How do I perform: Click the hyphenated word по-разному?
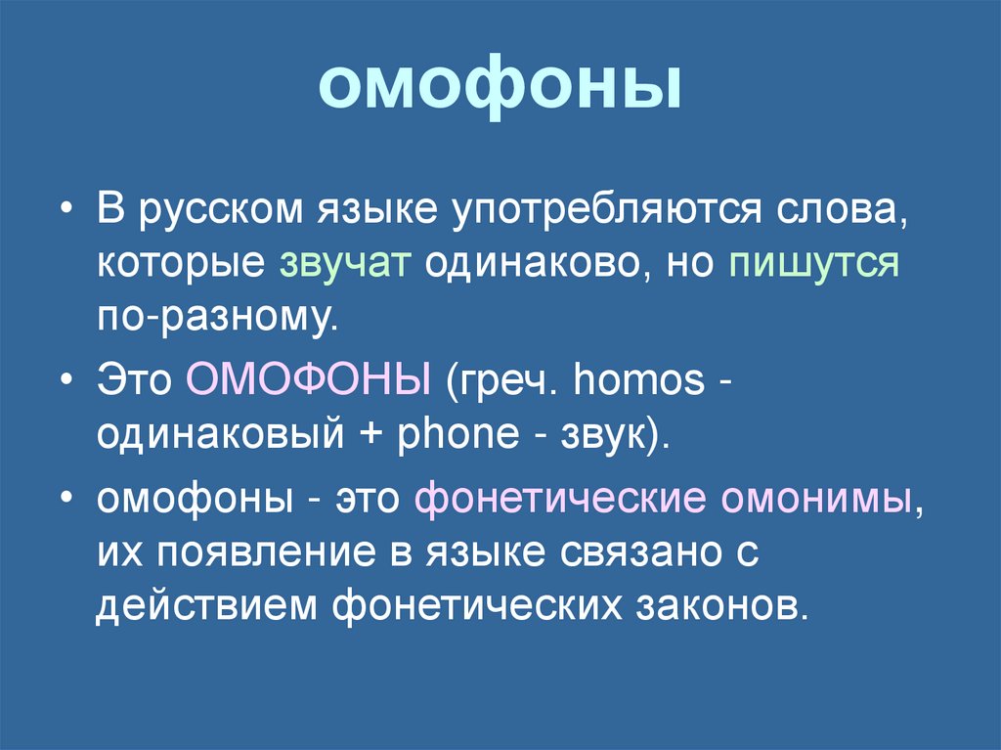[216, 318]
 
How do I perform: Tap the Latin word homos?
[639, 378]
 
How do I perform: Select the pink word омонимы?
[819, 499]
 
